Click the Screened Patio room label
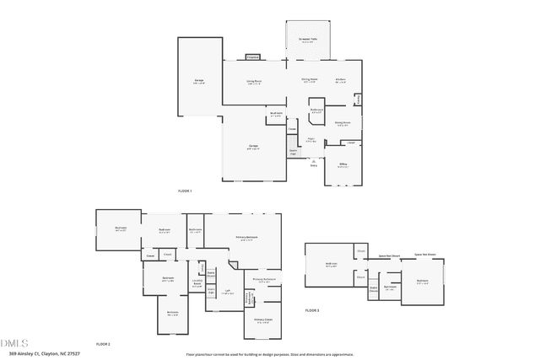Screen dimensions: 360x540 [x=308, y=40]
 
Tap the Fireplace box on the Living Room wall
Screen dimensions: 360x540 [x=253, y=57]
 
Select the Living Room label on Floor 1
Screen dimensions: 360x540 [x=253, y=82]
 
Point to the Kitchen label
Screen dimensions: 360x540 [x=341, y=81]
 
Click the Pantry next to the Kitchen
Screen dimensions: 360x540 [x=359, y=100]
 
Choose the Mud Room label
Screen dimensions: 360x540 [x=275, y=114]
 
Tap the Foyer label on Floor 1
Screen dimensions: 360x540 [x=310, y=140]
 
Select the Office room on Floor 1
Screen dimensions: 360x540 [x=343, y=166]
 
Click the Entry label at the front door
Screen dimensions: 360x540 [x=314, y=165]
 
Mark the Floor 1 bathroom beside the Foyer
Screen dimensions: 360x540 [x=316, y=111]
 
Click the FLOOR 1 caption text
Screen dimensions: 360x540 [x=185, y=191]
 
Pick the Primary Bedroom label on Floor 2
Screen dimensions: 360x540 [x=246, y=238]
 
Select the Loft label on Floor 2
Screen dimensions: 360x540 [x=227, y=293]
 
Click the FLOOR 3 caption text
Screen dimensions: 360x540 [x=312, y=310]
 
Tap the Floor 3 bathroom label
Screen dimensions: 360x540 [x=390, y=287]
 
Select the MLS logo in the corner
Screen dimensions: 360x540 [x=14, y=344]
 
